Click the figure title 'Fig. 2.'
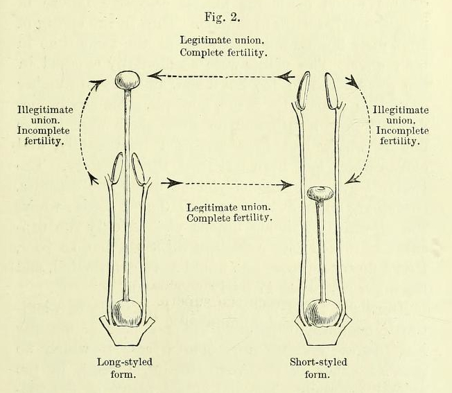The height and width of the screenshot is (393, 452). coord(223,17)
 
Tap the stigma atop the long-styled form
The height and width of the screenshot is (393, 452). coord(128,80)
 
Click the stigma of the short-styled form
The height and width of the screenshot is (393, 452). coord(320,193)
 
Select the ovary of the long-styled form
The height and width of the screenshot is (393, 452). coord(127,313)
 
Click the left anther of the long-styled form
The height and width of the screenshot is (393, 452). coord(116,168)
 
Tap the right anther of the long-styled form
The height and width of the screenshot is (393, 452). coord(138,169)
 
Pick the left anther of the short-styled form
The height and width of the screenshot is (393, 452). coord(304,91)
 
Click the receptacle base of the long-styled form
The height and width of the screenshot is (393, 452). coord(127,331)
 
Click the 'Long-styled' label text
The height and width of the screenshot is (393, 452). coord(125,362)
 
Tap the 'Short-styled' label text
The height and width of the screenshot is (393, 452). coord(318,362)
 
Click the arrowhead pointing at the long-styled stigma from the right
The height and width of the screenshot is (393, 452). coord(156,76)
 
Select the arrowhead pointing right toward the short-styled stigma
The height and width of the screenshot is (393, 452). coord(287,184)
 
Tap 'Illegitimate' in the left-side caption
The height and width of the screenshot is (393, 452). coord(45,110)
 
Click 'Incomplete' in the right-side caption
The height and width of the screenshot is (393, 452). coord(402,130)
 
